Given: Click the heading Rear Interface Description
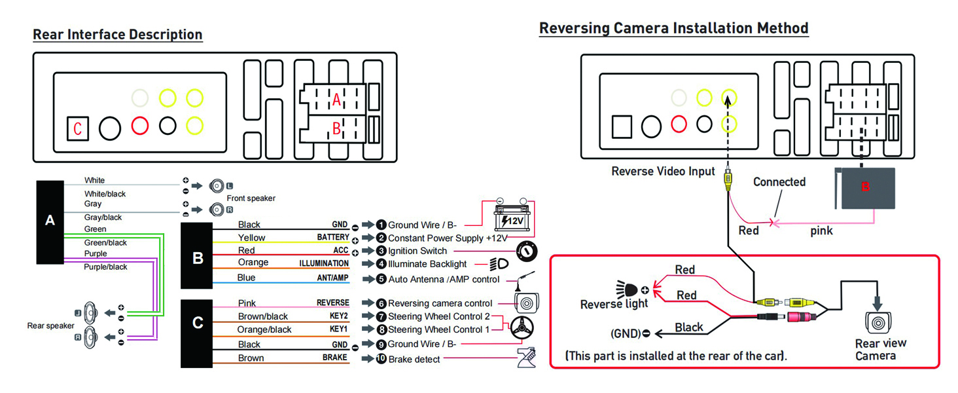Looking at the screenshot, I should click(118, 35).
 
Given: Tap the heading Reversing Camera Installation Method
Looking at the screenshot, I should click(673, 28).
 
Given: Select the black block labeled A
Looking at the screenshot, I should click(50, 221).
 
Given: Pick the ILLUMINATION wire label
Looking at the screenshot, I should click(324, 263).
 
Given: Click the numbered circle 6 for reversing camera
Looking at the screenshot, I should click(381, 303).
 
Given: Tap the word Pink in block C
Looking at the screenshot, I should click(247, 303).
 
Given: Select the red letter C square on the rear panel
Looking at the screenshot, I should click(77, 129).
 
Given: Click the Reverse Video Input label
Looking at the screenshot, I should click(663, 172).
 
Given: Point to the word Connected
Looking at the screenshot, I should click(779, 182).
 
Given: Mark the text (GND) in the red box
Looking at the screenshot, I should click(626, 333).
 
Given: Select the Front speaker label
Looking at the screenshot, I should click(251, 198).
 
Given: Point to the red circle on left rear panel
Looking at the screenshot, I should click(140, 125).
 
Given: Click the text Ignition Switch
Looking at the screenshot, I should click(417, 251).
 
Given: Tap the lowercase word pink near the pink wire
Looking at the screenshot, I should click(821, 231).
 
